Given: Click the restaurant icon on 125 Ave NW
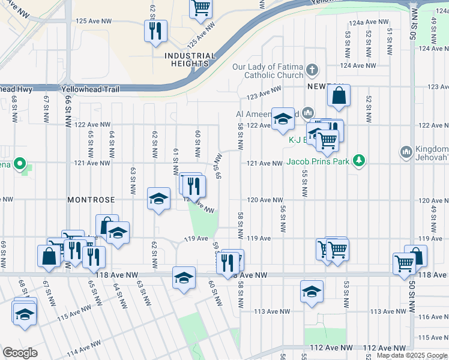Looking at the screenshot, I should pyautogui.click(x=156, y=31).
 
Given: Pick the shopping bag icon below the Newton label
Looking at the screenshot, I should pyautogui.click(x=339, y=95).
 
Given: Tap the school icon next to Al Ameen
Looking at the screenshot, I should pyautogui.click(x=283, y=119).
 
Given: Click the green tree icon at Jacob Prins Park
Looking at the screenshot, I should pyautogui.click(x=359, y=160).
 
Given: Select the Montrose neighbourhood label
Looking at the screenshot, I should pyautogui.click(x=91, y=199).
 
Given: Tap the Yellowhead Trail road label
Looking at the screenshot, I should pyautogui.click(x=90, y=89).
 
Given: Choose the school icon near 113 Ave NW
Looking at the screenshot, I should pyautogui.click(x=312, y=292).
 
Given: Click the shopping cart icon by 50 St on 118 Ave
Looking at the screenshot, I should pyautogui.click(x=404, y=262).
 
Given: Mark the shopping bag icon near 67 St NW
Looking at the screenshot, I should pyautogui.click(x=49, y=256).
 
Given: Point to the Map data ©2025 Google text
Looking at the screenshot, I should pyautogui.click(x=412, y=355).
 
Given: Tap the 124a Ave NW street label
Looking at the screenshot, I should pyautogui.click(x=363, y=22).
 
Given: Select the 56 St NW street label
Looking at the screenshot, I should pyautogui.click(x=282, y=220).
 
